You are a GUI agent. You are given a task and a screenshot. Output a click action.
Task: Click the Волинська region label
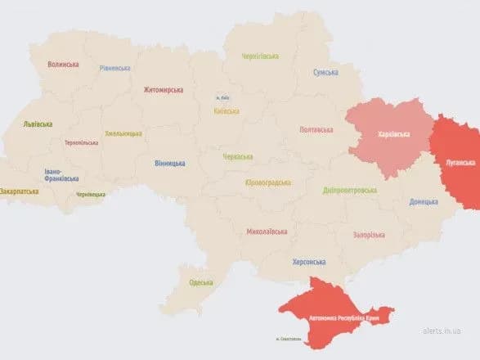[x=63, y=64]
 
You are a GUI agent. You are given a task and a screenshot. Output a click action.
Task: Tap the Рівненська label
[x=114, y=69]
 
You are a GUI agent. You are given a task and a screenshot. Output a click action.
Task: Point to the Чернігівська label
[x=260, y=56]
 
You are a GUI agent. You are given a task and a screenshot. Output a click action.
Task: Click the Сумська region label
[x=325, y=73]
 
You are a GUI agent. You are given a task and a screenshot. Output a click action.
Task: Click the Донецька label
[x=424, y=200]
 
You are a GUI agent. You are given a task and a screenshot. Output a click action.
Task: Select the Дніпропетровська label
[x=350, y=190]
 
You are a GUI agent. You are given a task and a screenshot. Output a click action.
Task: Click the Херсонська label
[x=308, y=262]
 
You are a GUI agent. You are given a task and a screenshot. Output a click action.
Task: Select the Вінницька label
[x=169, y=164]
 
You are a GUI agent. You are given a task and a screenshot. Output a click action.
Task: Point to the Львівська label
[x=38, y=124]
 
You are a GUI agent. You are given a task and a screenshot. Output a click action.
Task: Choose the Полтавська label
[x=316, y=129]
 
